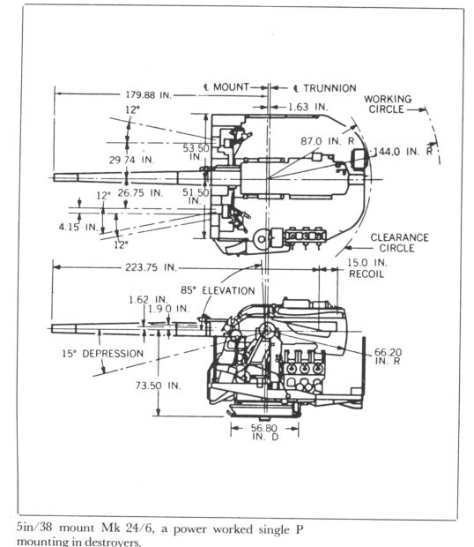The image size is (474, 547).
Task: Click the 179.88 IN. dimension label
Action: [x=149, y=95]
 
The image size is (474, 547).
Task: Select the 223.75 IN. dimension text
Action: [x=152, y=267]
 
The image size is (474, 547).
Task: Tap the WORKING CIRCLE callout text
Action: [x=388, y=104]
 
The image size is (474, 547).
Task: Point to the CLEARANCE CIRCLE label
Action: [x=399, y=243]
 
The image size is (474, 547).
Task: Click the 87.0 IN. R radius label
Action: [x=328, y=141]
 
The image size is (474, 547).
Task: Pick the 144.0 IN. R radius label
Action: [x=403, y=152]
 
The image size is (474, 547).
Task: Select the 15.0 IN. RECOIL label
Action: [x=367, y=268]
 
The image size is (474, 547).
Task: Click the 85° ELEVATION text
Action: [x=218, y=290]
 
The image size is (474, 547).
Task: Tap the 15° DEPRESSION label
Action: [x=103, y=354]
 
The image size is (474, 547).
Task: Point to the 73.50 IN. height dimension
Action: [x=158, y=386]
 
